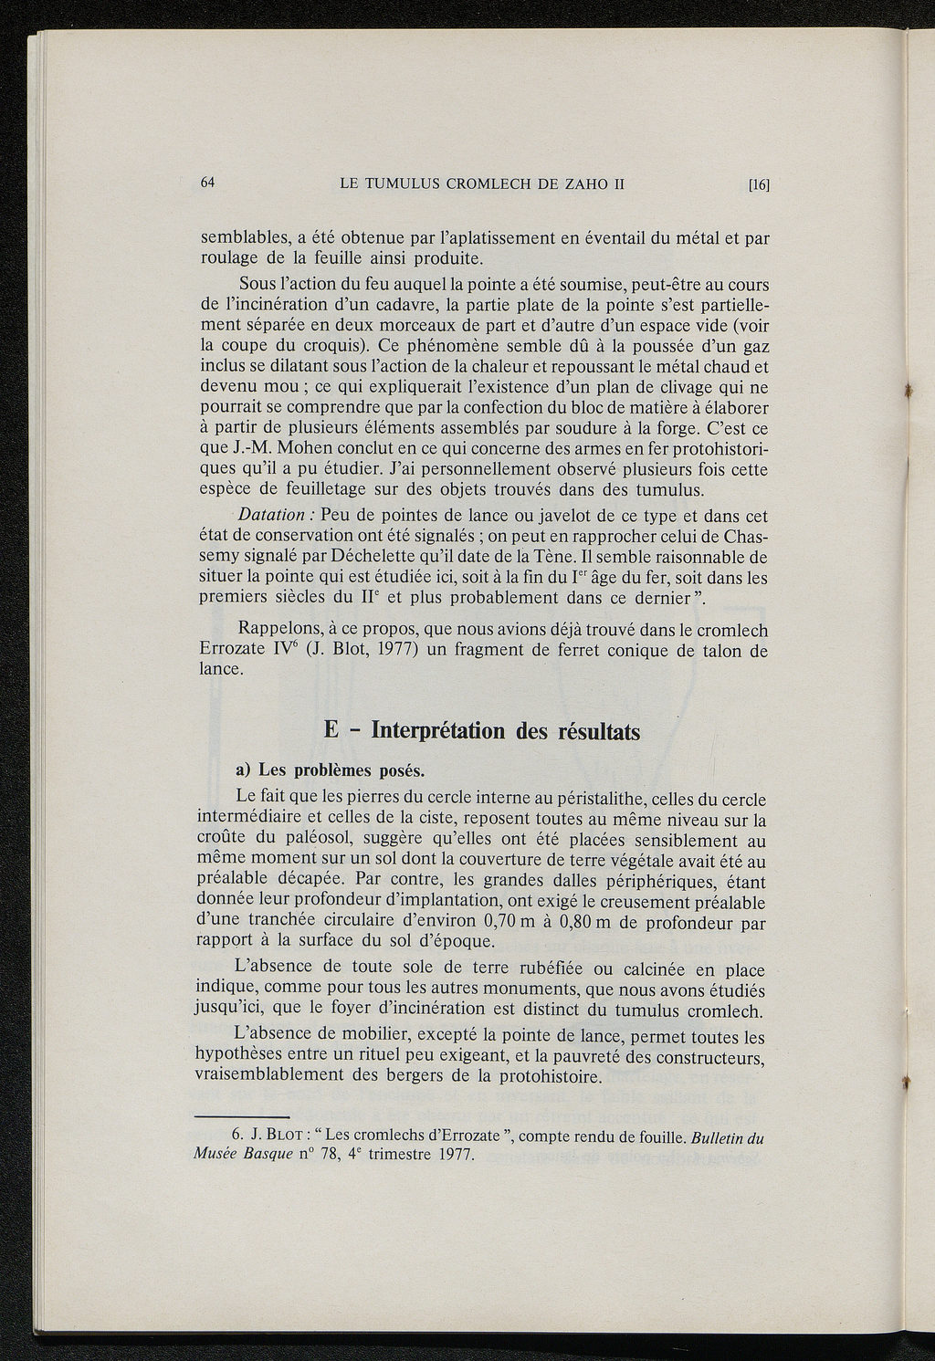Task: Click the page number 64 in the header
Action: (207, 181)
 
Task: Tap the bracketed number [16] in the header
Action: (759, 184)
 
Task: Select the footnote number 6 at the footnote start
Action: (236, 1136)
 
